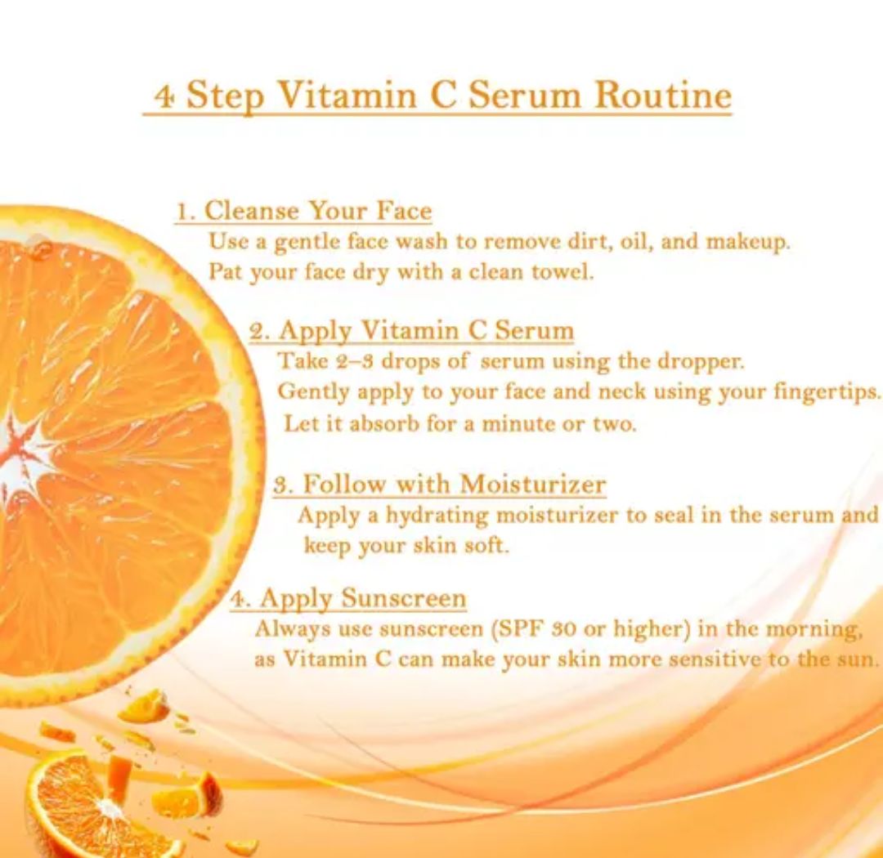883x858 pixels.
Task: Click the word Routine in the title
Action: pyautogui.click(x=663, y=94)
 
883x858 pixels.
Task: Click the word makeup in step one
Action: pyautogui.click(x=748, y=242)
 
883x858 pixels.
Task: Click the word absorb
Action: pyautogui.click(x=384, y=423)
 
